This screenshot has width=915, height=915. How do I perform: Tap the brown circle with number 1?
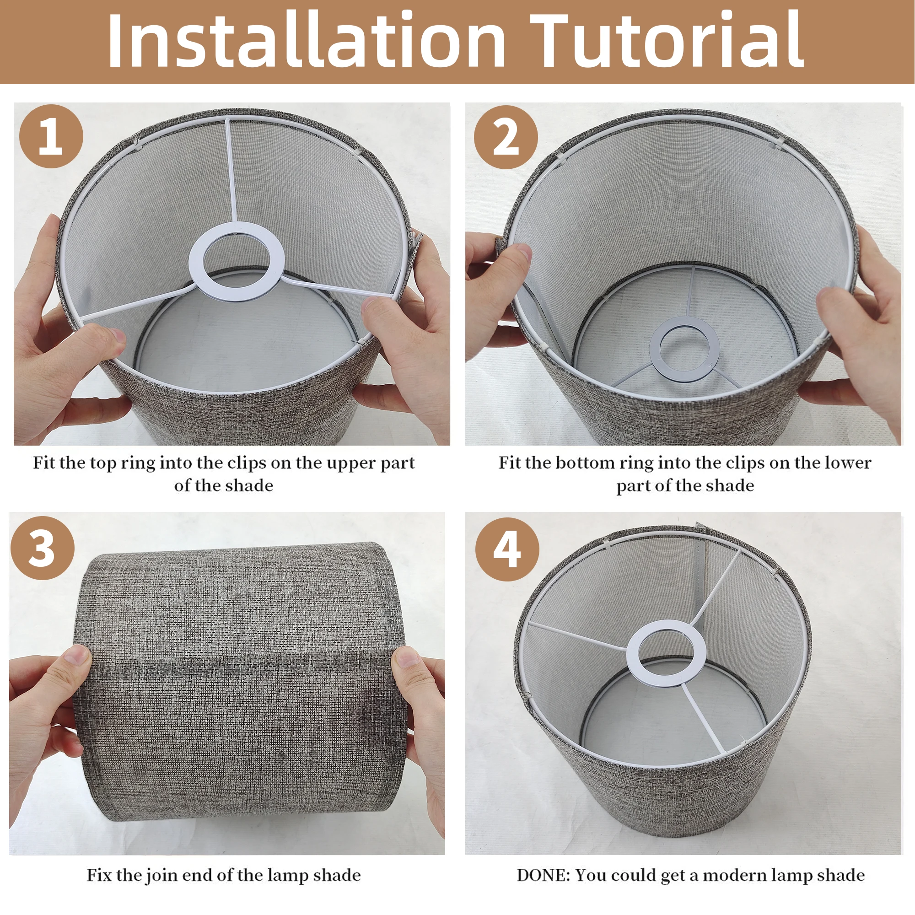(51, 137)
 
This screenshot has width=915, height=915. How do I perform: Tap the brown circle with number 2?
(506, 137)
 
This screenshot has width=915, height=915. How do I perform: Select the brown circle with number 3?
(42, 548)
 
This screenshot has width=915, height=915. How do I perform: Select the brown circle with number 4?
(507, 549)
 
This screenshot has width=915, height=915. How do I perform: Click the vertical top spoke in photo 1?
(231, 171)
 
